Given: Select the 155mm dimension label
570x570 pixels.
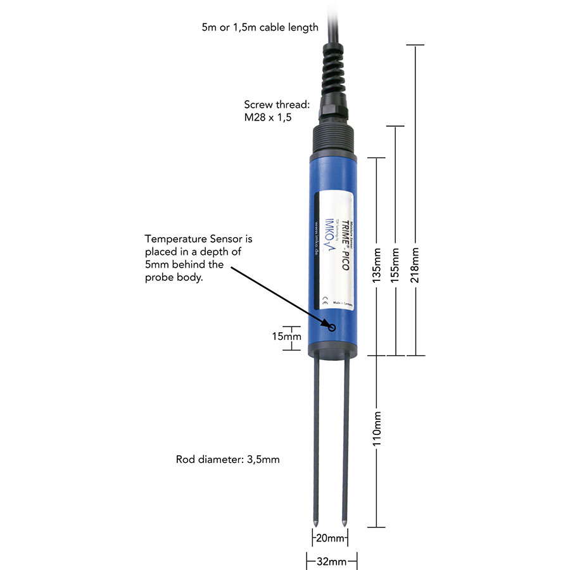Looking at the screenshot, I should pyautogui.click(x=396, y=261).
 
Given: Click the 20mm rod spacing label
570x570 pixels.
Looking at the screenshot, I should pyautogui.click(x=330, y=538).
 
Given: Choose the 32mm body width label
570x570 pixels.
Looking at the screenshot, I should pyautogui.click(x=331, y=561).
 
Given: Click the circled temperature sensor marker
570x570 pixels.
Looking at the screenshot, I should pyautogui.click(x=332, y=327).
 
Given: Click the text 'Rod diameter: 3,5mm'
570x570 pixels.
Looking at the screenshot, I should pyautogui.click(x=227, y=459).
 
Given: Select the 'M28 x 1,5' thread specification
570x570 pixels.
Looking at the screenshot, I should pyautogui.click(x=267, y=119).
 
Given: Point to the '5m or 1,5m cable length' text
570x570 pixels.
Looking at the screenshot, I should pyautogui.click(x=259, y=27).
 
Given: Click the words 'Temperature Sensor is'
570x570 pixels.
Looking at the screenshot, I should pyautogui.click(x=199, y=239).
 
